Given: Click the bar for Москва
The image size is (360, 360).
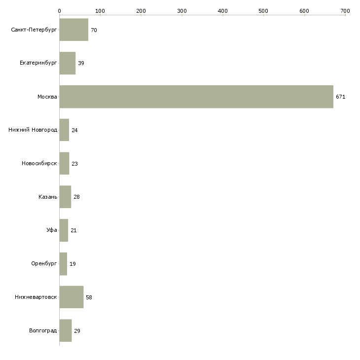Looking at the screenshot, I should (x=196, y=97).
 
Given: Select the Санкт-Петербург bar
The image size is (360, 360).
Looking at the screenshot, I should (x=73, y=30).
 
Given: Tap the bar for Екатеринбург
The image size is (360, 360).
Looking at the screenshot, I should (x=67, y=63).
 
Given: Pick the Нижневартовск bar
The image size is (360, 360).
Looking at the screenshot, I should (x=71, y=297).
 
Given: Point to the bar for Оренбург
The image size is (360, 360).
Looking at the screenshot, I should (x=63, y=264).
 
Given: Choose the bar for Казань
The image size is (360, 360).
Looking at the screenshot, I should (x=65, y=197).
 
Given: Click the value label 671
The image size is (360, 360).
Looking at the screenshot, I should (x=340, y=97).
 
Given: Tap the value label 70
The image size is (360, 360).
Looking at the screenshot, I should (x=94, y=30).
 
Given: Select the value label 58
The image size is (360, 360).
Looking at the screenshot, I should (x=89, y=297).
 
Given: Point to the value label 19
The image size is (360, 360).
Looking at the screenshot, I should (x=72, y=264).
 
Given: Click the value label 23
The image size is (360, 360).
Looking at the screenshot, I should (x=74, y=164).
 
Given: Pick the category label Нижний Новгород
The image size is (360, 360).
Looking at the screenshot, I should (x=33, y=130).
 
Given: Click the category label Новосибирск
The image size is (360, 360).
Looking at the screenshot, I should (x=39, y=164).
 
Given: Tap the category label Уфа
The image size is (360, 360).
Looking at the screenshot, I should (x=52, y=230).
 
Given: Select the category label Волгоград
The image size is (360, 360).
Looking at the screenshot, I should (x=43, y=330).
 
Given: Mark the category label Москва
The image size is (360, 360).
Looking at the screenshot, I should (x=47, y=97).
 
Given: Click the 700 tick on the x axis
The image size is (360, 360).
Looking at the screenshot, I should (x=345, y=10).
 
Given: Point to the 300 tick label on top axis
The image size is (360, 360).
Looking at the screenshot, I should (x=182, y=10).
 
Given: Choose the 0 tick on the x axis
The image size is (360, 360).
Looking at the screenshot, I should (x=59, y=10).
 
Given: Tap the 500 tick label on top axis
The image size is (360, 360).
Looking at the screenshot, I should (x=263, y=10).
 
